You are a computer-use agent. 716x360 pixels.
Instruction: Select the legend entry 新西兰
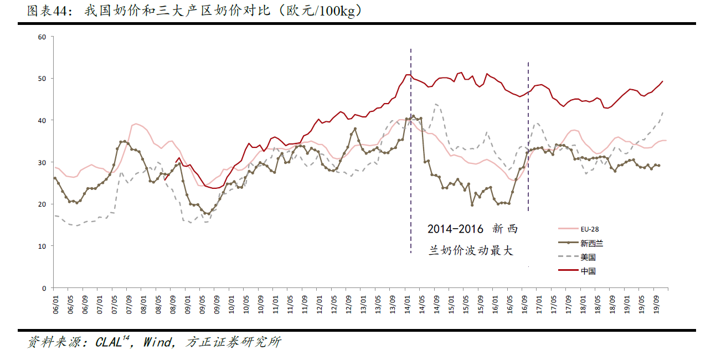pyautogui.click(x=592, y=242)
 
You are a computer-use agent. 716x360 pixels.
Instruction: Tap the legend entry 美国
pyautogui.click(x=588, y=256)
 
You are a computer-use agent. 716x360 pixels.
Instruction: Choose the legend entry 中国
pyautogui.click(x=588, y=271)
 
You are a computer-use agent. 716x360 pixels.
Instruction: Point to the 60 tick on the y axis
pyautogui.click(x=42, y=37)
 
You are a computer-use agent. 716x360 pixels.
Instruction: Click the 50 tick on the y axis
pyautogui.click(x=42, y=79)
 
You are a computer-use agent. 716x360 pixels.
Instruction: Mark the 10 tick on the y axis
pyautogui.click(x=42, y=246)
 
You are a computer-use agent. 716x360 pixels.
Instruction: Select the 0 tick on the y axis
pyautogui.click(x=44, y=288)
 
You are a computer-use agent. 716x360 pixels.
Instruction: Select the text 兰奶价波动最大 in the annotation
pyautogui.click(x=471, y=250)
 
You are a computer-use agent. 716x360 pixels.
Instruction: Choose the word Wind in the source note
pyautogui.click(x=158, y=342)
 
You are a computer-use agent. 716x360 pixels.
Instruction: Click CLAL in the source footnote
pyautogui.click(x=108, y=342)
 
